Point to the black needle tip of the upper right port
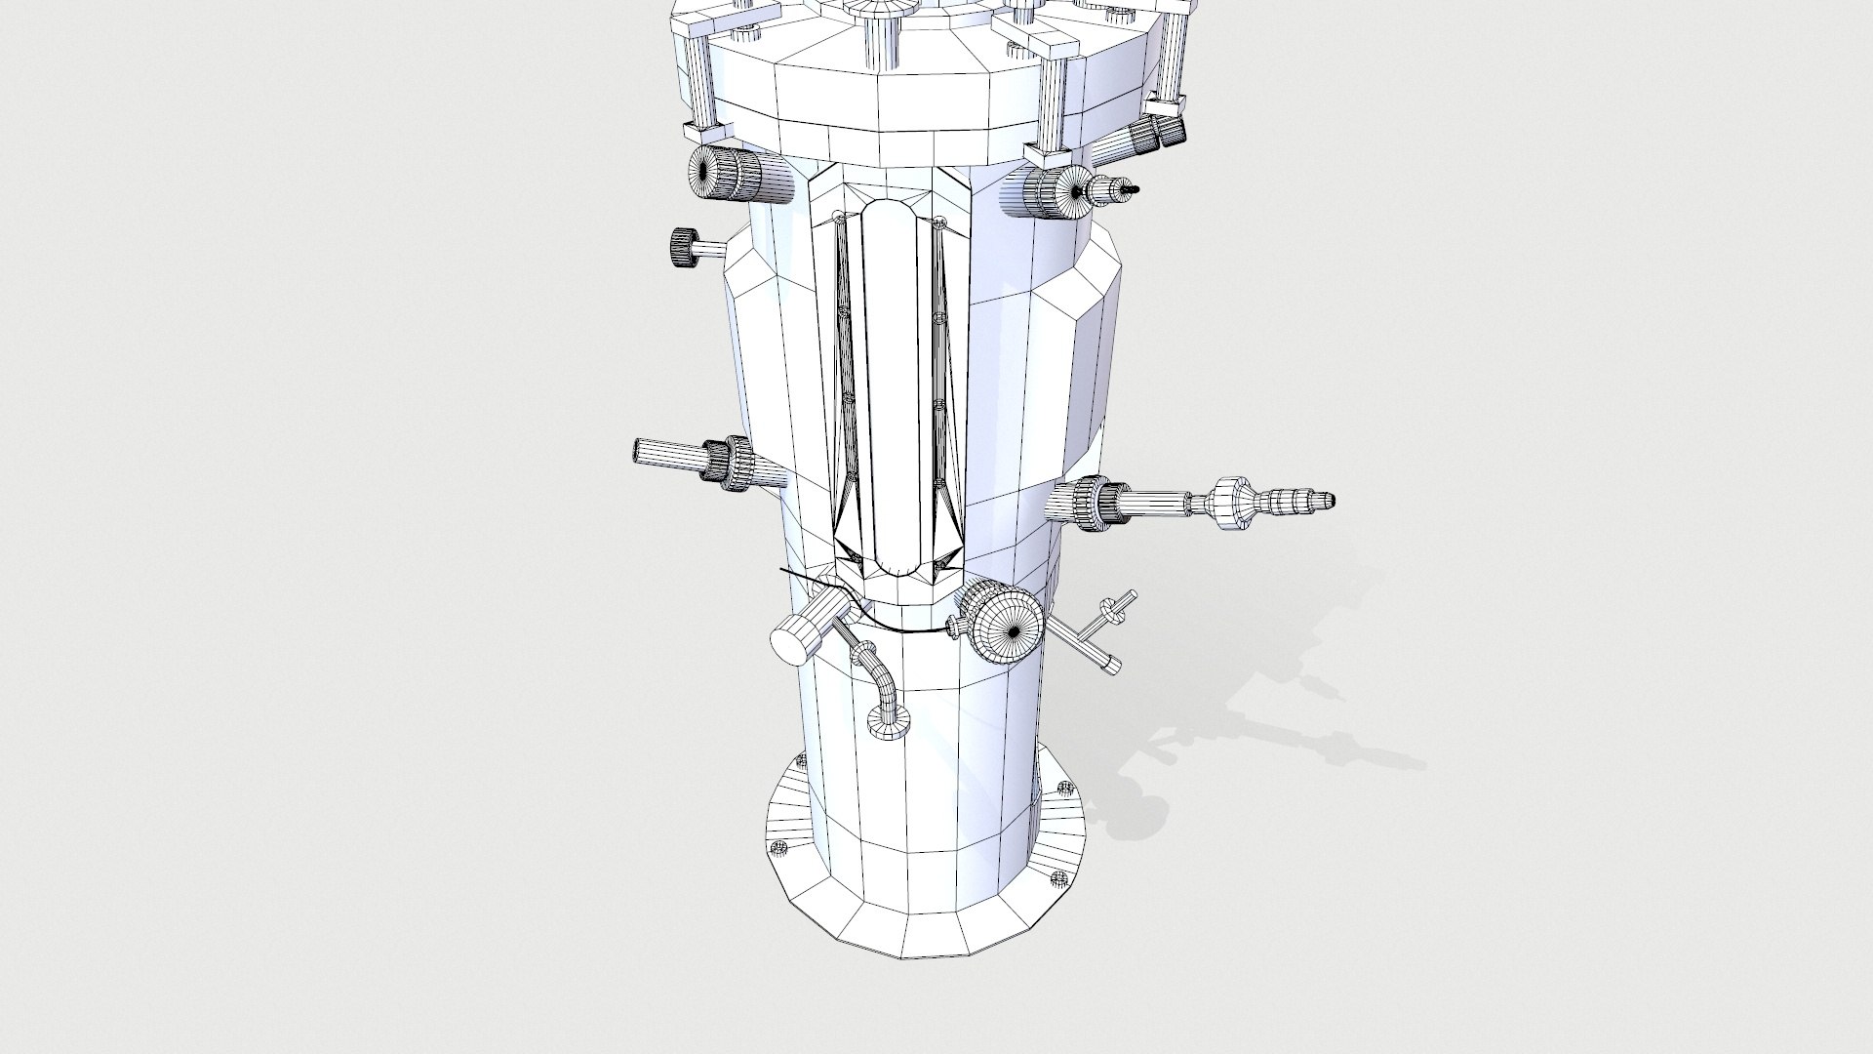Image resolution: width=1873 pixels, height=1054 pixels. tap(1131, 188)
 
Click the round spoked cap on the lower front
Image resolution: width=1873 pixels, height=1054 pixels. tap(1008, 629)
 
